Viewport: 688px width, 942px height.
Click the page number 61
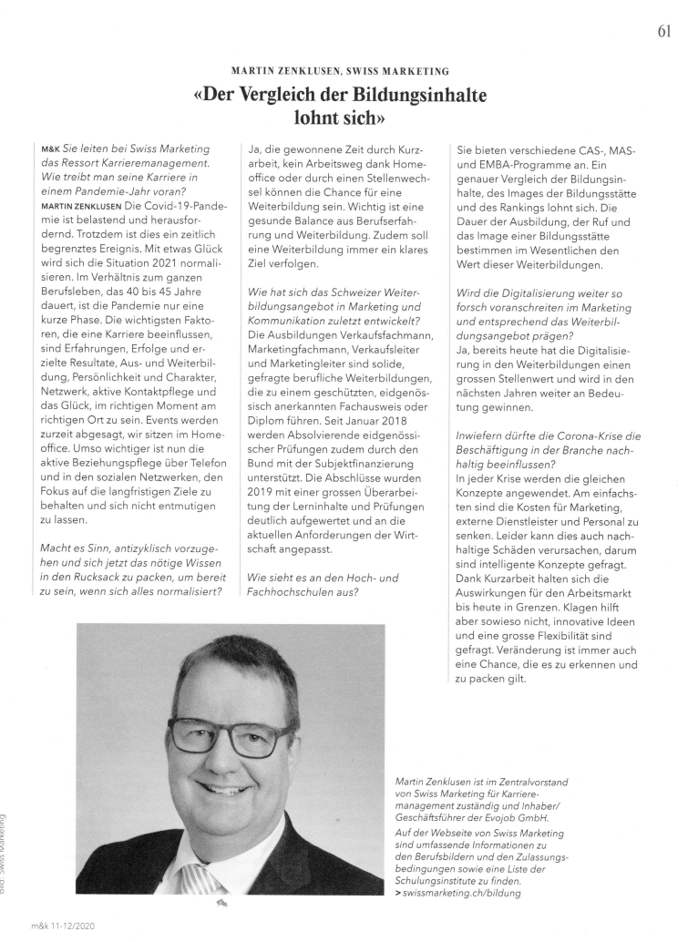coord(662,32)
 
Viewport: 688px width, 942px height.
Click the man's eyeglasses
coord(230,734)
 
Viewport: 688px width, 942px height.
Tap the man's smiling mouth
coord(228,788)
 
